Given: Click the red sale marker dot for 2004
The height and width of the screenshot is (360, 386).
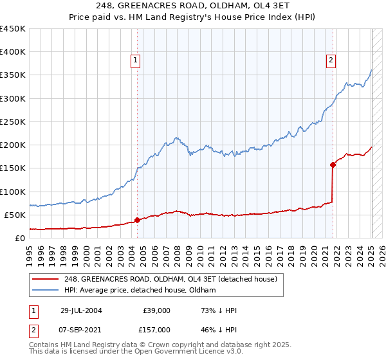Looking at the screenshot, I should pos(137,220).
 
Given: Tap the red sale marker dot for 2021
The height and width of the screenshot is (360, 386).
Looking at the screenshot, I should pos(333,165).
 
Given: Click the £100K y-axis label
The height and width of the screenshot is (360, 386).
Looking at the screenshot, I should pos(13,192).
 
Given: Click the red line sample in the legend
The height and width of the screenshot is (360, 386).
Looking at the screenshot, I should pos(46,279).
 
